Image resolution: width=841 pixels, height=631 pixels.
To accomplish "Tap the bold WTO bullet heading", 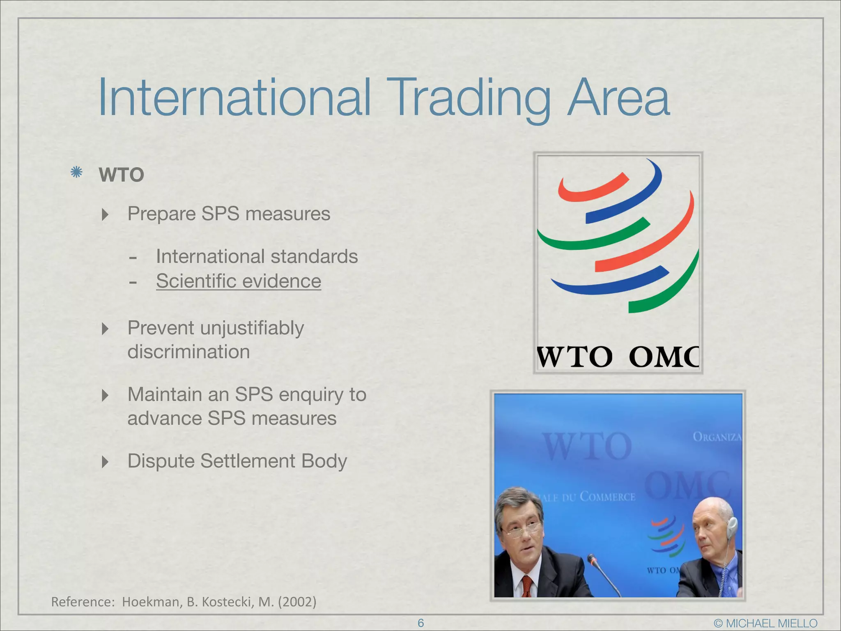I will pyautogui.click(x=122, y=175).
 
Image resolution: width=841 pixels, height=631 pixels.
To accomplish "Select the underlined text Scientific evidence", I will pyautogui.click(x=238, y=281).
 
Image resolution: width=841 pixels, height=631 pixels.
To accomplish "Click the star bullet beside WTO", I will pyautogui.click(x=76, y=173).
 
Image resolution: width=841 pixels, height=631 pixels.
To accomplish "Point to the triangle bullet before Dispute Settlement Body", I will pyautogui.click(x=105, y=462).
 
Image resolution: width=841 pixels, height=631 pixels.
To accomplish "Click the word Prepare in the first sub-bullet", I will pyautogui.click(x=161, y=214).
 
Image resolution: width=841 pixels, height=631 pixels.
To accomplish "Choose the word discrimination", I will pyautogui.click(x=188, y=352).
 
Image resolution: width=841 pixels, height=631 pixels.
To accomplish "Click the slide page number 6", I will pyautogui.click(x=420, y=623).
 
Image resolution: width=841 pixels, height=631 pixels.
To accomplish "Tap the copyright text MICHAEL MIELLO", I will pyautogui.click(x=771, y=623).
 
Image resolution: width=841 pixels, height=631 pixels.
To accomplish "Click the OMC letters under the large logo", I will pyautogui.click(x=664, y=357).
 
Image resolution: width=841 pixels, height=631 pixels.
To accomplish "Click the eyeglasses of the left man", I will pyautogui.click(x=522, y=530).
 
